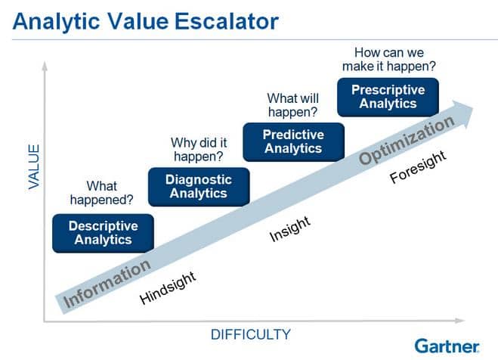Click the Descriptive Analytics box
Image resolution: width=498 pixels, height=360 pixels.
click(x=103, y=232)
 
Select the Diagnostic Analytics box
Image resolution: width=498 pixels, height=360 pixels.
click(x=198, y=187)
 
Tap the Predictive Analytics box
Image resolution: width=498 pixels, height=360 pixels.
click(x=293, y=141)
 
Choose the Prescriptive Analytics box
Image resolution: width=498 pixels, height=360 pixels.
click(x=388, y=96)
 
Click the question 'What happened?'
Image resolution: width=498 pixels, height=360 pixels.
click(x=102, y=193)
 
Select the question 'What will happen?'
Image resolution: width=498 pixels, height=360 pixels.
click(x=293, y=105)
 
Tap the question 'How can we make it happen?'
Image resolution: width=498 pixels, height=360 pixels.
click(x=394, y=60)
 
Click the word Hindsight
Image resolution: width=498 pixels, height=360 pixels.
click(x=168, y=287)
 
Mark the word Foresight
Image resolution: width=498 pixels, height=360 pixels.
click(x=418, y=166)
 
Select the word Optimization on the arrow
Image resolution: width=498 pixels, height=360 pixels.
click(x=407, y=140)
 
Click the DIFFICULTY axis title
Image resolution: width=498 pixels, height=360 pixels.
click(x=250, y=334)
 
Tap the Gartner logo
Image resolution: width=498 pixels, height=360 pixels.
click(x=446, y=345)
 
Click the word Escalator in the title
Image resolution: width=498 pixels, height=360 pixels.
click(x=227, y=20)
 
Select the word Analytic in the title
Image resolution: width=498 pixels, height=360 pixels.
click(x=51, y=20)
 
